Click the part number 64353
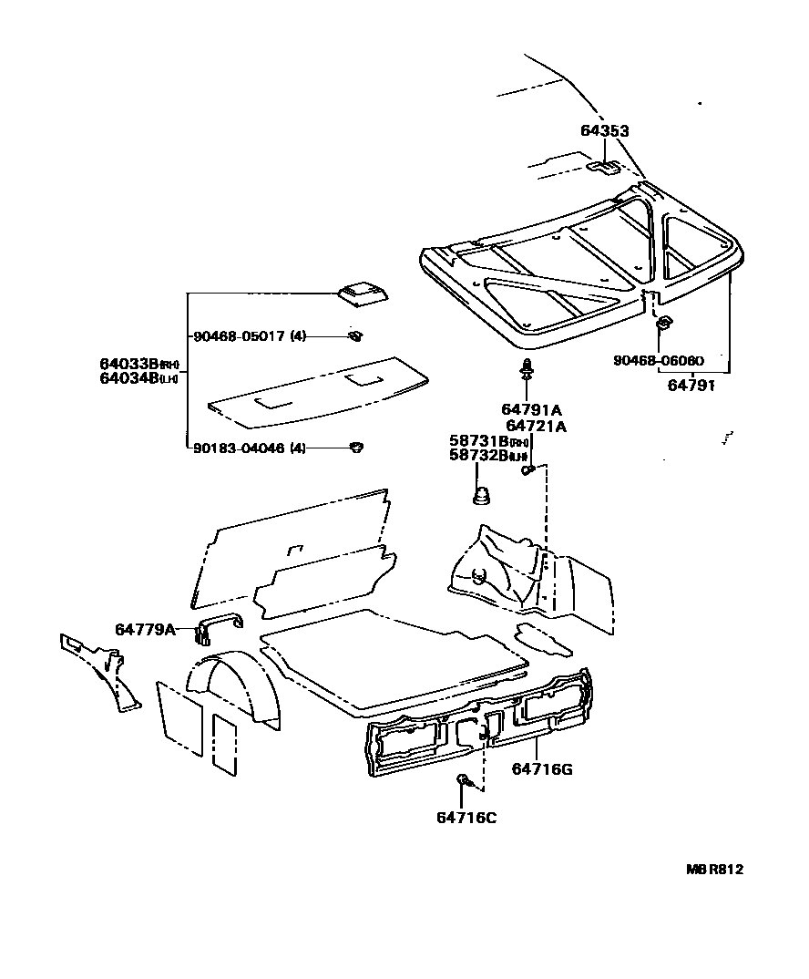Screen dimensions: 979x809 (x=604, y=131)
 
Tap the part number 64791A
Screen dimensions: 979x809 (x=532, y=409)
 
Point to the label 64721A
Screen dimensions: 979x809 (x=536, y=426)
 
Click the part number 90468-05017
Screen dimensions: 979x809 (x=238, y=336)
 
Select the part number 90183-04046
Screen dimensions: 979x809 (x=238, y=448)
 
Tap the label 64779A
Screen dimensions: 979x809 (x=145, y=629)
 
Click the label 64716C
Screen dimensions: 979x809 (x=466, y=817)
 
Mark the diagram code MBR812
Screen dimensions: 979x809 (x=714, y=870)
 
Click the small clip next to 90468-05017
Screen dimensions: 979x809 (x=354, y=336)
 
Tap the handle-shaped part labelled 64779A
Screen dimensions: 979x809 (x=220, y=623)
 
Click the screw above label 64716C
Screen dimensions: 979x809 (x=464, y=780)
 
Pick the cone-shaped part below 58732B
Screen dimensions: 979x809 (x=481, y=496)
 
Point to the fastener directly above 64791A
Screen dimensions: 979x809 (x=527, y=370)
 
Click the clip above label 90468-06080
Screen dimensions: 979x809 (x=664, y=322)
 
